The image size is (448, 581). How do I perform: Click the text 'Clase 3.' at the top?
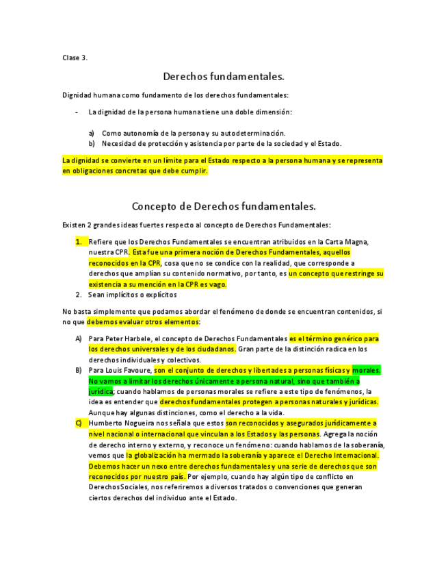(x=75, y=58)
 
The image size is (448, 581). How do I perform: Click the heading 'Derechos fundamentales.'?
(x=224, y=76)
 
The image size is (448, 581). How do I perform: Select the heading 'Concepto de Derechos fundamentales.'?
(x=224, y=206)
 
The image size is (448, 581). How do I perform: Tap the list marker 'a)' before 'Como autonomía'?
(x=92, y=133)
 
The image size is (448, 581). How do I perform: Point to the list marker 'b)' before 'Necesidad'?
(x=92, y=144)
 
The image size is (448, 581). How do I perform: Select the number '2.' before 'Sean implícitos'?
(x=79, y=295)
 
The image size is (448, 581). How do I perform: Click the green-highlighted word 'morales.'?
(x=366, y=371)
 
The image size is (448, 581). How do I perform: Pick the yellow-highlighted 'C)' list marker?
(x=79, y=423)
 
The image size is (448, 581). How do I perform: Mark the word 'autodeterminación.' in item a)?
(x=252, y=133)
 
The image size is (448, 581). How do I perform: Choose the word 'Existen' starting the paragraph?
(x=73, y=225)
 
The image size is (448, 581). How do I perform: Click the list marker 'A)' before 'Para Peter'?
(x=79, y=339)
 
